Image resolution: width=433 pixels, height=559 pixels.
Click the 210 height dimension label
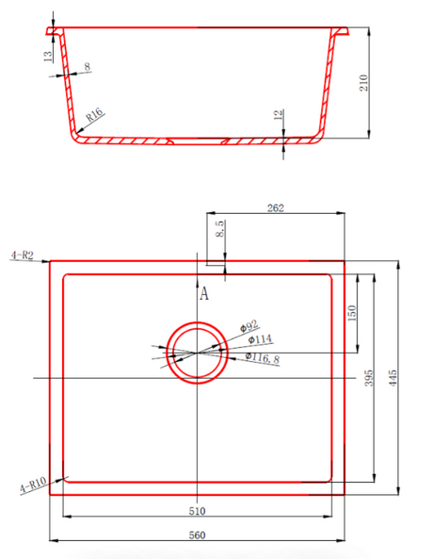pyautogui.click(x=363, y=83)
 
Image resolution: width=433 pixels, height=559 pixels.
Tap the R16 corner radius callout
pyautogui.click(x=95, y=115)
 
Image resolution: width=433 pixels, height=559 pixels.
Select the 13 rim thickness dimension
pyautogui.click(x=48, y=56)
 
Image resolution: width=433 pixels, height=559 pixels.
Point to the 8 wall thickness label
pyautogui.click(x=88, y=66)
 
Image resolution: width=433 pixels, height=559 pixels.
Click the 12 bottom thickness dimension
pyautogui.click(x=279, y=114)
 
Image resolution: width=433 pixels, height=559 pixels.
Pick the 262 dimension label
pyautogui.click(x=276, y=207)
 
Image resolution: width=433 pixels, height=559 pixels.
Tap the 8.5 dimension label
pyautogui.click(x=220, y=229)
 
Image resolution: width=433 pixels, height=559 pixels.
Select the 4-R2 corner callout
pyautogui.click(x=22, y=255)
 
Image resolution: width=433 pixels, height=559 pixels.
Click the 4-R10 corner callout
pyautogui.click(x=33, y=485)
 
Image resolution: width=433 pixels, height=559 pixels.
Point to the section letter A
pyautogui.click(x=204, y=294)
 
